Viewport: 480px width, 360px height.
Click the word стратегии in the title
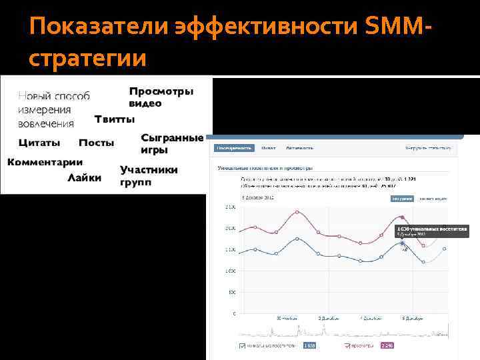(87, 59)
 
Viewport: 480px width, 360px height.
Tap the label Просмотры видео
(161, 97)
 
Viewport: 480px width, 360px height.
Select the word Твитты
(114, 119)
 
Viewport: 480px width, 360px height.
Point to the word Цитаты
(39, 143)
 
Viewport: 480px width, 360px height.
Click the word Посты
(96, 143)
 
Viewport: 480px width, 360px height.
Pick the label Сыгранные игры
(171, 143)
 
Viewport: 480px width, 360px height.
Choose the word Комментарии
(45, 162)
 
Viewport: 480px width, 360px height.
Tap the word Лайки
(85, 177)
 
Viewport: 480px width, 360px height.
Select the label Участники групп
(148, 176)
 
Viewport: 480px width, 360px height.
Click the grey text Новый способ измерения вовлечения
(53, 109)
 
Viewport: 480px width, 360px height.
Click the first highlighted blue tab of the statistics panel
(234, 148)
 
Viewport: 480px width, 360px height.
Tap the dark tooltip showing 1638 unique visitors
(432, 231)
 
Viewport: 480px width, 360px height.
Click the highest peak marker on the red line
(402, 217)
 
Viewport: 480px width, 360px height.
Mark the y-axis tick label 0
(233, 313)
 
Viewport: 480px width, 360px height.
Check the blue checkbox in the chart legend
(241, 346)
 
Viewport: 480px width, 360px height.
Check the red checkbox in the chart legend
(347, 346)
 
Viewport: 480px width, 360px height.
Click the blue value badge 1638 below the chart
(309, 346)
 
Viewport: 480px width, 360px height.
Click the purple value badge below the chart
(387, 346)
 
